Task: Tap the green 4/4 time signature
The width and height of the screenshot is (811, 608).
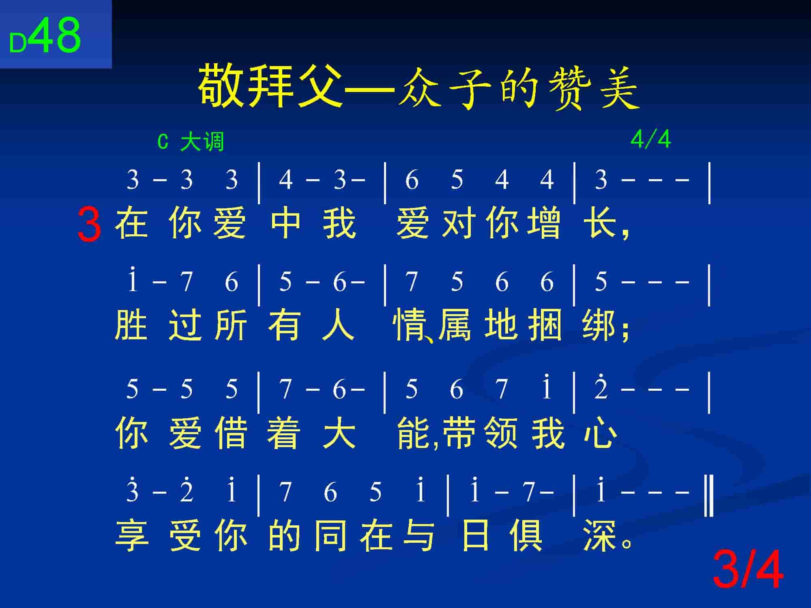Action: [x=650, y=139]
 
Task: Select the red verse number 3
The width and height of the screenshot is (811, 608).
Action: [x=89, y=224]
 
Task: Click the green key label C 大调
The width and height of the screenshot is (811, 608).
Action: [x=191, y=142]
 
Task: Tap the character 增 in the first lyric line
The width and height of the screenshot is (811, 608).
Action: [x=545, y=223]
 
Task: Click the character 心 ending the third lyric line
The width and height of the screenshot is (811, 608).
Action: [x=601, y=433]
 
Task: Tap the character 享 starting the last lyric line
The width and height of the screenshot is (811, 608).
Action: [x=132, y=536]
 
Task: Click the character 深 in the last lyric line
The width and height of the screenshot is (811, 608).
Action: [x=599, y=536]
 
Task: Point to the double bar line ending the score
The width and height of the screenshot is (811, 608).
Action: [x=709, y=496]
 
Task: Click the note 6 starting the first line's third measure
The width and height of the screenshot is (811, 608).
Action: [x=412, y=180]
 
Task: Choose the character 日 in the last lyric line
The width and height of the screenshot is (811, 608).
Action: [x=475, y=536]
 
